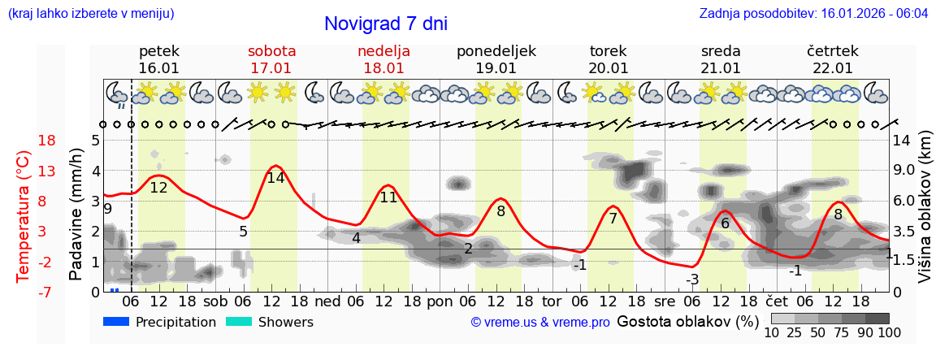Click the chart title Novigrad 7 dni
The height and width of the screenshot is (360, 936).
click(385, 24)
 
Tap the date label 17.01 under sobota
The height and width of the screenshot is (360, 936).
click(271, 68)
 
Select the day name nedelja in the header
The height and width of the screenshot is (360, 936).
click(383, 51)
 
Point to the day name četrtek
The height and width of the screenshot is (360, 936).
click(833, 51)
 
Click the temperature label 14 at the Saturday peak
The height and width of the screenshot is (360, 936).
click(275, 178)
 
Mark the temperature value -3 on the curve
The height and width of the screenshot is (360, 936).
click(691, 280)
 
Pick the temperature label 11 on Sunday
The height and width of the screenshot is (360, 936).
click(388, 197)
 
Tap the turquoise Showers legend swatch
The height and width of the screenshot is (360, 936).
click(239, 322)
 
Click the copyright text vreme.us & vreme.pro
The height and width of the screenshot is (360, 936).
click(540, 322)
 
